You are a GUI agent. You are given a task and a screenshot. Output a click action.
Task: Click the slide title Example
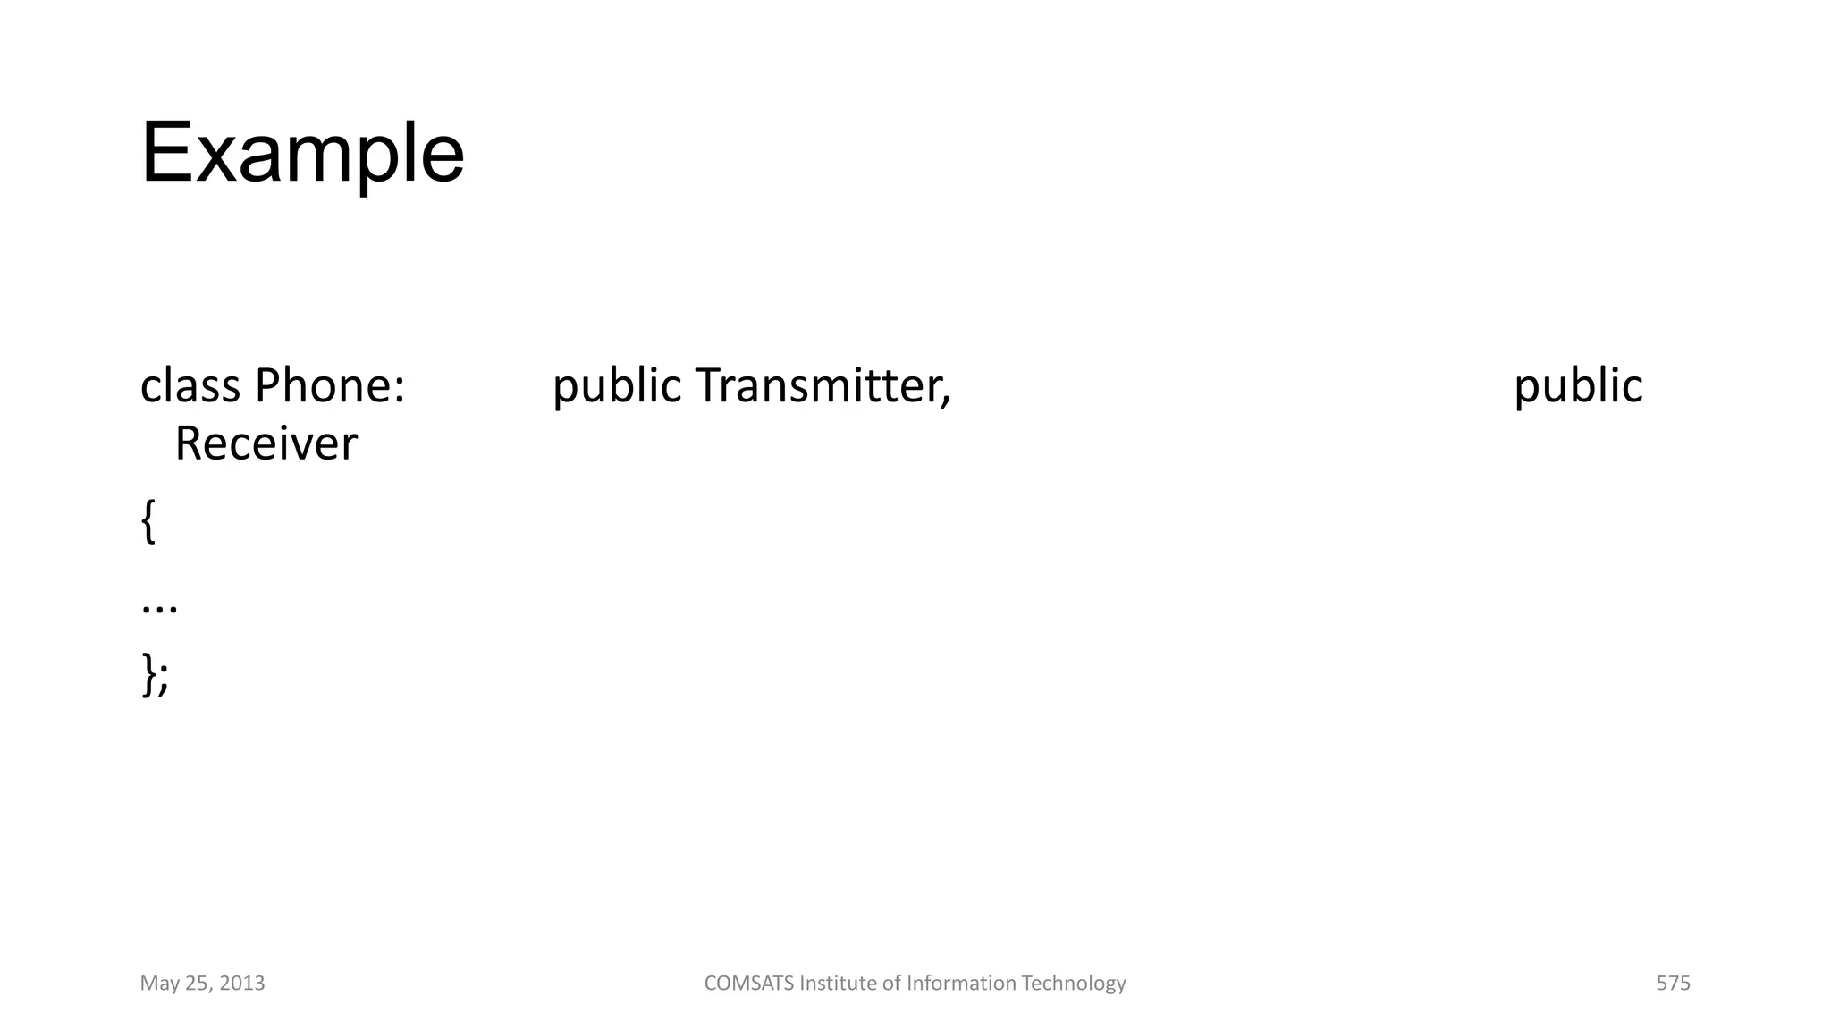(x=302, y=153)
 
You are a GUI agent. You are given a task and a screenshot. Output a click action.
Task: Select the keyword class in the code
(x=190, y=385)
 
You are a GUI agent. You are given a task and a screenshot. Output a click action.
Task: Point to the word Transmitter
(x=818, y=385)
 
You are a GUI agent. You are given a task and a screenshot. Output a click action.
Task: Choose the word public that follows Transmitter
(x=1578, y=385)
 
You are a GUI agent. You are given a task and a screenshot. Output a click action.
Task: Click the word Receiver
(x=266, y=443)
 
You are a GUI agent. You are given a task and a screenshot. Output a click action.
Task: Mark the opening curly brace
(x=148, y=521)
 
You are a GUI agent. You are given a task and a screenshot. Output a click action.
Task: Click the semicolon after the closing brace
(x=163, y=680)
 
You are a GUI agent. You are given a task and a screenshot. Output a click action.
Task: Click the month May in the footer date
(x=158, y=984)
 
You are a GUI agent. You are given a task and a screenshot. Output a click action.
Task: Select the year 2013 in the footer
(x=242, y=984)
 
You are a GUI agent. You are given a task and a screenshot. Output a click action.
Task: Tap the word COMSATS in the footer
(x=748, y=984)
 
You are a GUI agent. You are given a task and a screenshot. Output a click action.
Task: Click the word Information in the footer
(x=961, y=984)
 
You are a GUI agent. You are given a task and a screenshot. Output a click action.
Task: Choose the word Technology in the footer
(x=1074, y=984)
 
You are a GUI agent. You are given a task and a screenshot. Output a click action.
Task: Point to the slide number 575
(x=1673, y=984)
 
